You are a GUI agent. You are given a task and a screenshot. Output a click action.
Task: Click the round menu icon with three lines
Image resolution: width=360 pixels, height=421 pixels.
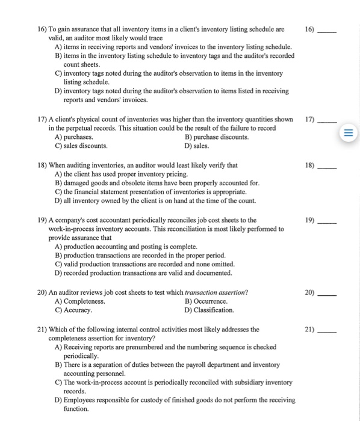[x=349, y=132]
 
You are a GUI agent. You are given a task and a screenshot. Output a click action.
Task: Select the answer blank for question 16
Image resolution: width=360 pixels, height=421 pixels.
[x=327, y=31]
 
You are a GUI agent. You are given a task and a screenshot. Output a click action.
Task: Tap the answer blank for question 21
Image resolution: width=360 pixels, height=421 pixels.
[x=327, y=331]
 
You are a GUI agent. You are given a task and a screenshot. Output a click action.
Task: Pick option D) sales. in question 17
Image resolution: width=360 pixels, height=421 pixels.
[x=195, y=146]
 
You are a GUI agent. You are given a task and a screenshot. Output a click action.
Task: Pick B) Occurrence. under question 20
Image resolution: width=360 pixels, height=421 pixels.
[x=209, y=301]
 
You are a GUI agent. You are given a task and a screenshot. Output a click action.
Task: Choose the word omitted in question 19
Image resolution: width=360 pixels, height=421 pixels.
[x=220, y=264]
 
